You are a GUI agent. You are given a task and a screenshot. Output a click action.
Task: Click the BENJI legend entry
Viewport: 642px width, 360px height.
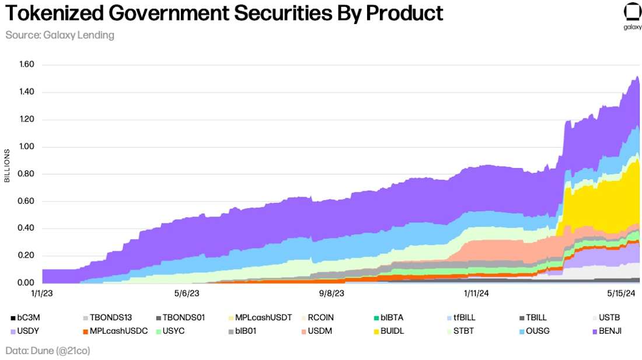click(606, 331)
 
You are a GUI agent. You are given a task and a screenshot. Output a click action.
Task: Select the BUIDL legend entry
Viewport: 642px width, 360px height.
click(388, 331)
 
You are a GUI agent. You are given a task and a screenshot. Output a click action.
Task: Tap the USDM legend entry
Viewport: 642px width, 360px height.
click(316, 331)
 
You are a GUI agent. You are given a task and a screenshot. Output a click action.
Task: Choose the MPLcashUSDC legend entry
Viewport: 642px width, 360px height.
click(114, 331)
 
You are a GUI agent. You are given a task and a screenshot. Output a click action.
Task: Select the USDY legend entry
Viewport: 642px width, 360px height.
click(24, 331)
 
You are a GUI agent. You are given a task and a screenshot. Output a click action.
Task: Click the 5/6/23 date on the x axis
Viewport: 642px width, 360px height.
click(187, 294)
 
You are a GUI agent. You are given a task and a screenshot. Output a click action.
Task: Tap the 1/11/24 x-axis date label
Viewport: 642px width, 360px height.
click(476, 294)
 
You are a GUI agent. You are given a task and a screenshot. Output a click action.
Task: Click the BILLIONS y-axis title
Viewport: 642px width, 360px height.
click(8, 166)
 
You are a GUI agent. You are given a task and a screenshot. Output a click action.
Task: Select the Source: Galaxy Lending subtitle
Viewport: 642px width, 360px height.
click(60, 35)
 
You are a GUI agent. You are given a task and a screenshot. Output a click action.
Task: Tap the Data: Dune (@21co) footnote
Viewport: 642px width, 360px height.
click(48, 351)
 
